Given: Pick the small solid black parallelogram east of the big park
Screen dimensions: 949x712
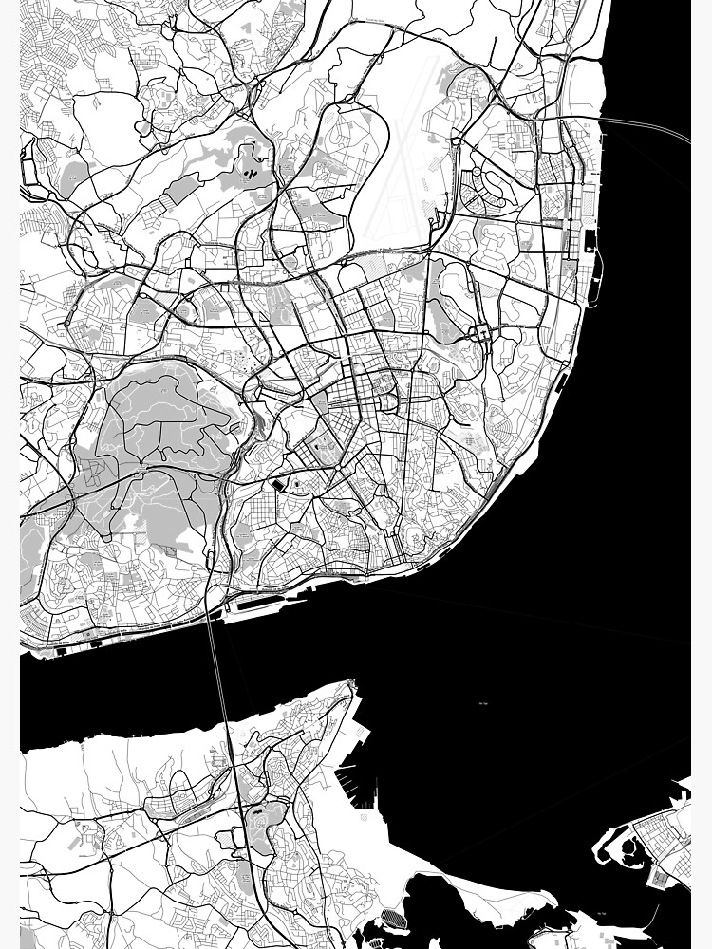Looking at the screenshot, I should [x=277, y=484].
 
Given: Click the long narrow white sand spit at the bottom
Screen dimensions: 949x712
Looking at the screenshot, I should [x=494, y=892].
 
